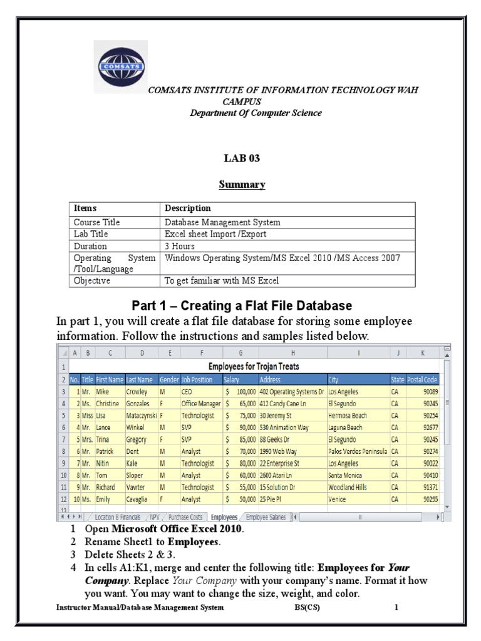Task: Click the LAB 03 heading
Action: tap(241, 158)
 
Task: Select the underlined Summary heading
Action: tap(241, 185)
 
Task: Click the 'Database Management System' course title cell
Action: tap(222, 222)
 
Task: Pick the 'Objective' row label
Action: tap(92, 280)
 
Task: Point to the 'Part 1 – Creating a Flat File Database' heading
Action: tap(242, 305)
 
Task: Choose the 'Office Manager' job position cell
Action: tap(201, 404)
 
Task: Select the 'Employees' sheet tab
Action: tap(224, 518)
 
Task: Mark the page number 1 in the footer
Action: tap(396, 607)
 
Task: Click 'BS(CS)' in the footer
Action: tap(307, 607)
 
